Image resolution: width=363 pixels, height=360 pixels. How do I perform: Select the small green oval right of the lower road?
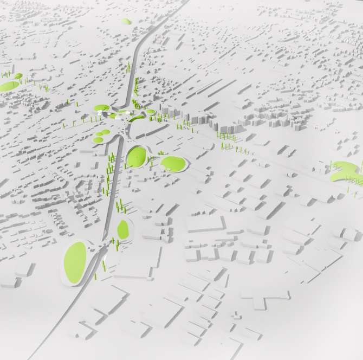point(124,229)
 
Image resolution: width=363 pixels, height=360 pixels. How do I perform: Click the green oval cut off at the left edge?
point(7,86)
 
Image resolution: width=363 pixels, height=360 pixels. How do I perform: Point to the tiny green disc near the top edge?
point(126,22)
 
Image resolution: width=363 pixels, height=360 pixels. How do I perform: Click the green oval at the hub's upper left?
point(101,108)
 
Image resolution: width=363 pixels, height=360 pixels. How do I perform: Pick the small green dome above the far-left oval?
point(18,76)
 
